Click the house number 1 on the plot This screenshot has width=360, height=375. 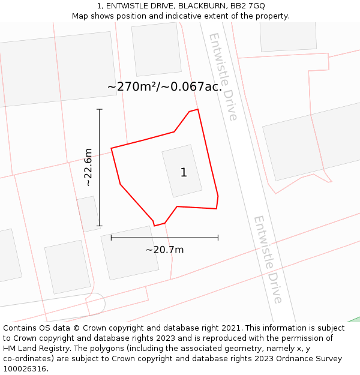pyautogui.click(x=184, y=173)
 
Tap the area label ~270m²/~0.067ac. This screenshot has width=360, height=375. pyautogui.click(x=164, y=87)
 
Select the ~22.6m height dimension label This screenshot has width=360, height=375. pyautogui.click(x=88, y=167)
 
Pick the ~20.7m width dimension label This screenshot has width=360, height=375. pyautogui.click(x=164, y=250)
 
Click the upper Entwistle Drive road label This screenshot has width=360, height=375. pyautogui.click(x=223, y=76)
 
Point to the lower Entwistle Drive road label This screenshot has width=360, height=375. pyautogui.click(x=268, y=259)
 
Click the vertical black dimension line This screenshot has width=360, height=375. pyautogui.click(x=100, y=180)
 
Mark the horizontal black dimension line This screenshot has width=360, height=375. pyautogui.click(x=180, y=238)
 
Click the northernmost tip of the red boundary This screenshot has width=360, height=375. pyautogui.click(x=197, y=109)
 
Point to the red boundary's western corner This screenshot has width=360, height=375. pyautogui.click(x=112, y=148)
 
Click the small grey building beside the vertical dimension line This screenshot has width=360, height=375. pyautogui.click(x=88, y=214)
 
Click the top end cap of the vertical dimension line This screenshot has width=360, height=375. pyautogui.click(x=100, y=109)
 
